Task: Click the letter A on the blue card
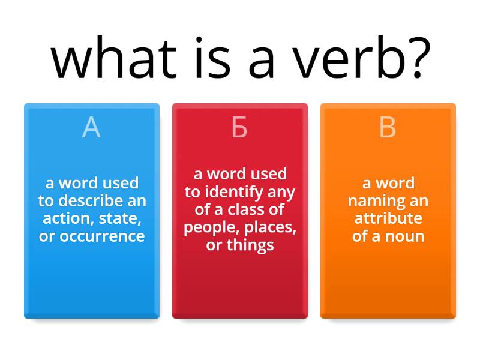pos(91,128)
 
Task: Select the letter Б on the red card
pos(239,128)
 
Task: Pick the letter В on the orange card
pos(388,128)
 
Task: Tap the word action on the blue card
pos(65,218)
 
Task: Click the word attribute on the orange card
pos(388,218)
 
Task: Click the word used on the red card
pos(268,174)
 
